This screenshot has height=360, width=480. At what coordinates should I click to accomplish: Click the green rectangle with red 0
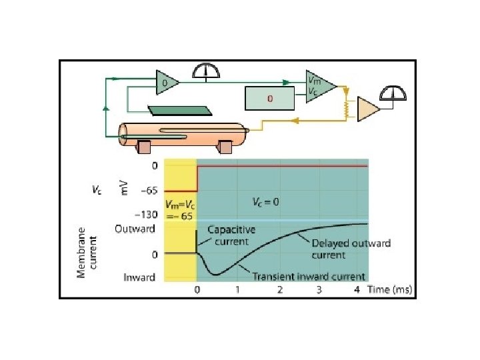269,99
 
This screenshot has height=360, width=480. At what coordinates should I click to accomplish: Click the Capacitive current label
230,235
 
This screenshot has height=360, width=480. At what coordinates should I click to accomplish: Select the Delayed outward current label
351,249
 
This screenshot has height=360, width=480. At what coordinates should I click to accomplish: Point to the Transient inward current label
308,276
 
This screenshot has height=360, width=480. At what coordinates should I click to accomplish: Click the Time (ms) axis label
390,290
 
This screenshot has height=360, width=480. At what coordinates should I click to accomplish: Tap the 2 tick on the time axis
279,290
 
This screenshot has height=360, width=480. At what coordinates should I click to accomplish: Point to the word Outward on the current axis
135,229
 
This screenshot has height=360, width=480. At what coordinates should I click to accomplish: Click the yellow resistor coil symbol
345,107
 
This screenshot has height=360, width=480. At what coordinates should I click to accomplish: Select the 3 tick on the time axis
319,290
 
